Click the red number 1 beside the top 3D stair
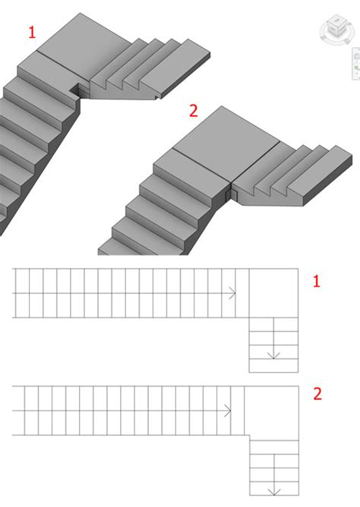point(32,33)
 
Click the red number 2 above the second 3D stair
point(193,111)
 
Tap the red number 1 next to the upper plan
point(317,282)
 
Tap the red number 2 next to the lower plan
point(317,394)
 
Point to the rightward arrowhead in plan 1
point(232,293)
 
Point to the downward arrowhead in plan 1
point(273,355)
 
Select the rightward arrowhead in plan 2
point(228,411)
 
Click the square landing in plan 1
point(273,293)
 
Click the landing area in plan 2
point(272,411)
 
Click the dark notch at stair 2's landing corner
point(232,194)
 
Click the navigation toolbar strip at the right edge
point(356,64)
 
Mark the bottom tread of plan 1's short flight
point(273,366)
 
